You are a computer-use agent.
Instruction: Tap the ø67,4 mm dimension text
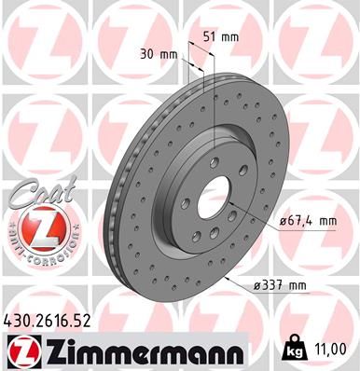pos(307,220)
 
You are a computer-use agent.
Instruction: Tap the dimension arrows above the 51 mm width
pos(205,45)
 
